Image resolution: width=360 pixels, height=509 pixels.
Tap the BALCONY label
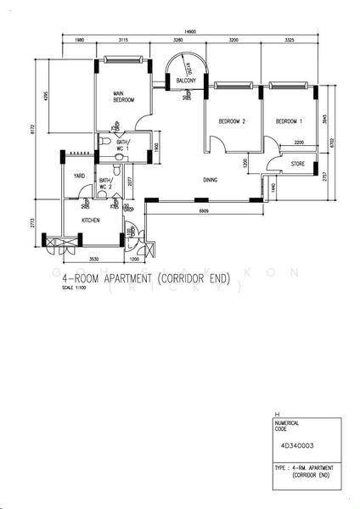(187, 81)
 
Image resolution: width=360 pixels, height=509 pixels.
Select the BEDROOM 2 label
(232, 122)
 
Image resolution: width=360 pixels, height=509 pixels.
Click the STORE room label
(297, 164)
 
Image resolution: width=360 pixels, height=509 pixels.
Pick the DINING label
(212, 180)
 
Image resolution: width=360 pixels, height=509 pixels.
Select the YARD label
(79, 176)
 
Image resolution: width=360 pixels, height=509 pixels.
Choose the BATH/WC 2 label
(106, 184)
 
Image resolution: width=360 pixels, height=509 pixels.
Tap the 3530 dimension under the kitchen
(94, 259)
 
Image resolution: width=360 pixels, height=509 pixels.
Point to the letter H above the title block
(267, 413)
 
